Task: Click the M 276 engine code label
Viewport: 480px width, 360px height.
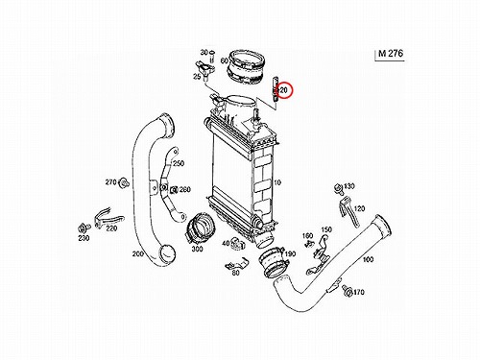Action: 391,53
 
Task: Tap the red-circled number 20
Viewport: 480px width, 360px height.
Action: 283,90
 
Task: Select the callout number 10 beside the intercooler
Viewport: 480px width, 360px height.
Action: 277,182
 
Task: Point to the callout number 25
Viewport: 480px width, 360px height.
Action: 197,77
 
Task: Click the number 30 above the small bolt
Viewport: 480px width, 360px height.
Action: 204,52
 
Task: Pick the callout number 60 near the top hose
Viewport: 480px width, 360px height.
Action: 225,60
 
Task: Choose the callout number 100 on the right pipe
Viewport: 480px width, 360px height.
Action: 368,259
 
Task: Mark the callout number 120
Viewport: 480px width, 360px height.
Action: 359,208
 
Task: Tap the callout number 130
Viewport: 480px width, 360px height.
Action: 349,186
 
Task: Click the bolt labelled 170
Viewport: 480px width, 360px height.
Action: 347,291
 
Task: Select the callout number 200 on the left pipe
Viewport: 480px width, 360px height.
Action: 138,253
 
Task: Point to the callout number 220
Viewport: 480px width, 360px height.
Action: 111,228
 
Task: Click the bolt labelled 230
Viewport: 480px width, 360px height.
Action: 83,228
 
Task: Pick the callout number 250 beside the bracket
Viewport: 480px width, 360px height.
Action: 179,163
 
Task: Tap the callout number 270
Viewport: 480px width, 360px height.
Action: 110,182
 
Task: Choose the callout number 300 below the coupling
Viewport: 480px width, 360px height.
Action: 197,249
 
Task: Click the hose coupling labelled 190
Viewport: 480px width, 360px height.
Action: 273,261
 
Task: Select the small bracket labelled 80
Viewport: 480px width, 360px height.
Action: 236,263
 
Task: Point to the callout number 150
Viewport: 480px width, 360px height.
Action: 326,229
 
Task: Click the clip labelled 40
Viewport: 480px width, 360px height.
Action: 237,244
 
